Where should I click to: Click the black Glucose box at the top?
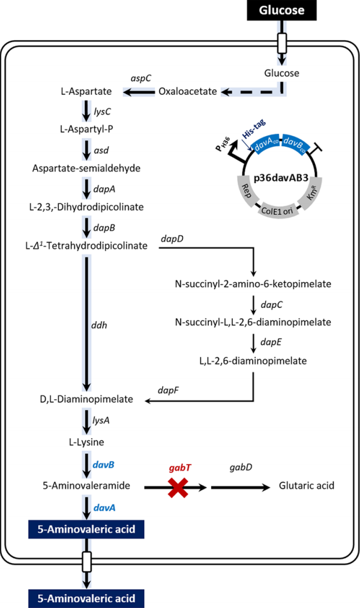click(x=282, y=10)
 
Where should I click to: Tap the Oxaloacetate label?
click(x=188, y=92)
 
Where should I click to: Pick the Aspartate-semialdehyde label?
click(x=86, y=168)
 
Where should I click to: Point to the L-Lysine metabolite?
click(x=86, y=442)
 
